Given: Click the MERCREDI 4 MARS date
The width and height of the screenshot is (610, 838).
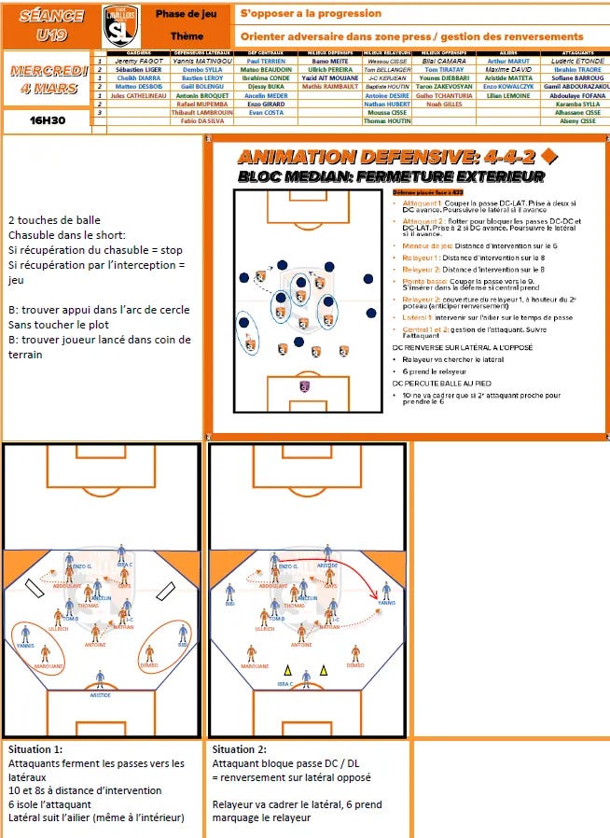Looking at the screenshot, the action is pyautogui.click(x=49, y=80).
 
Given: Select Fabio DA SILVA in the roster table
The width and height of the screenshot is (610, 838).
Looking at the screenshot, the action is pyautogui.click(x=201, y=122).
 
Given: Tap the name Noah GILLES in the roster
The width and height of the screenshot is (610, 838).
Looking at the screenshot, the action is pyautogui.click(x=444, y=105).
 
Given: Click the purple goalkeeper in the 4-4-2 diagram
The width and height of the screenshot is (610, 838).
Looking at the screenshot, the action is pyautogui.click(x=304, y=385).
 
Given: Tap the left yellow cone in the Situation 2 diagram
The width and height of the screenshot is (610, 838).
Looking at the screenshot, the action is pyautogui.click(x=287, y=669).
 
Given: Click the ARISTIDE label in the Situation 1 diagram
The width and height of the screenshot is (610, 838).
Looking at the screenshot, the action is pyautogui.click(x=100, y=695).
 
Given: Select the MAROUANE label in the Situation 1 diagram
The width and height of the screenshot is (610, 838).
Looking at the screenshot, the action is pyautogui.click(x=49, y=666).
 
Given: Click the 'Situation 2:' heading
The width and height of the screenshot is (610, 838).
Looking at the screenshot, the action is pyautogui.click(x=240, y=749).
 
